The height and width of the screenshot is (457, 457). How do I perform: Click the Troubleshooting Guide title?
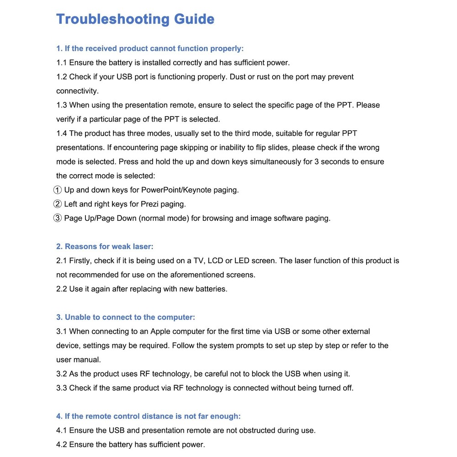point(135,19)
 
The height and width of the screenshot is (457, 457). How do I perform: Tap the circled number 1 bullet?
point(58,190)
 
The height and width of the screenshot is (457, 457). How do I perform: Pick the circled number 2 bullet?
point(58,204)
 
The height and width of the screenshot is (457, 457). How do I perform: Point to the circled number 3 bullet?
point(58,218)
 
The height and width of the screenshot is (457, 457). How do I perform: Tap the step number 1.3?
point(62,105)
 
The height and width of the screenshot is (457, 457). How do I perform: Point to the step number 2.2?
point(62,289)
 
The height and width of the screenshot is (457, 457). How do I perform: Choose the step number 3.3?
point(62,388)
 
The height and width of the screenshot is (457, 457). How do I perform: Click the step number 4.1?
point(62,430)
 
